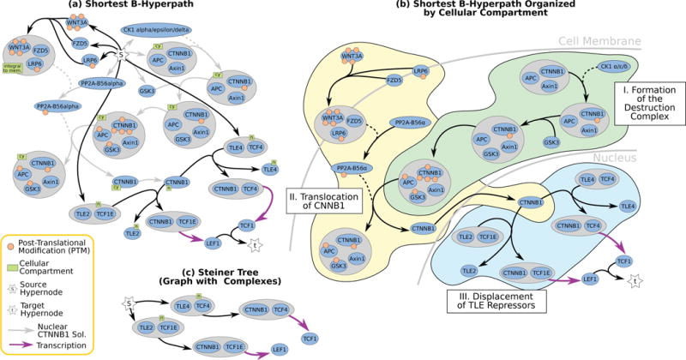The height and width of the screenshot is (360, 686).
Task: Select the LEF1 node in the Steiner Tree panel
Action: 280,349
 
